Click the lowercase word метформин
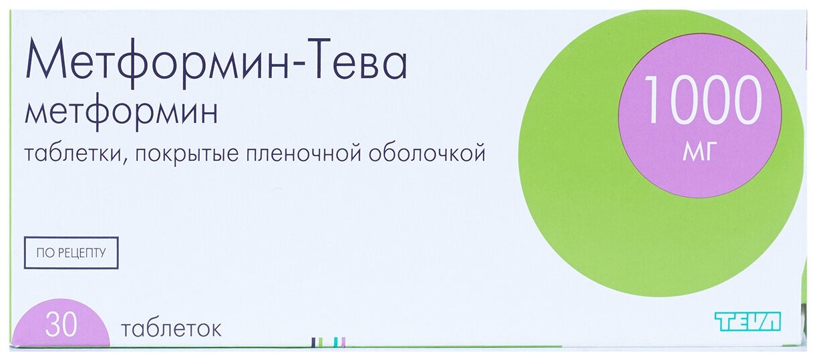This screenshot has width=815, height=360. (121, 114)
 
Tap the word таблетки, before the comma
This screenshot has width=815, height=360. (72, 154)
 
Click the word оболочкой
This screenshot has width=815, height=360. (427, 154)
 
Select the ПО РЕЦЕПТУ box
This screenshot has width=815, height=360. (71, 252)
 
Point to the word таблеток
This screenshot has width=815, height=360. (171, 329)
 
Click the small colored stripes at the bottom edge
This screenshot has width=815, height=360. (328, 342)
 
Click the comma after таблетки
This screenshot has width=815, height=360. (125, 162)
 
